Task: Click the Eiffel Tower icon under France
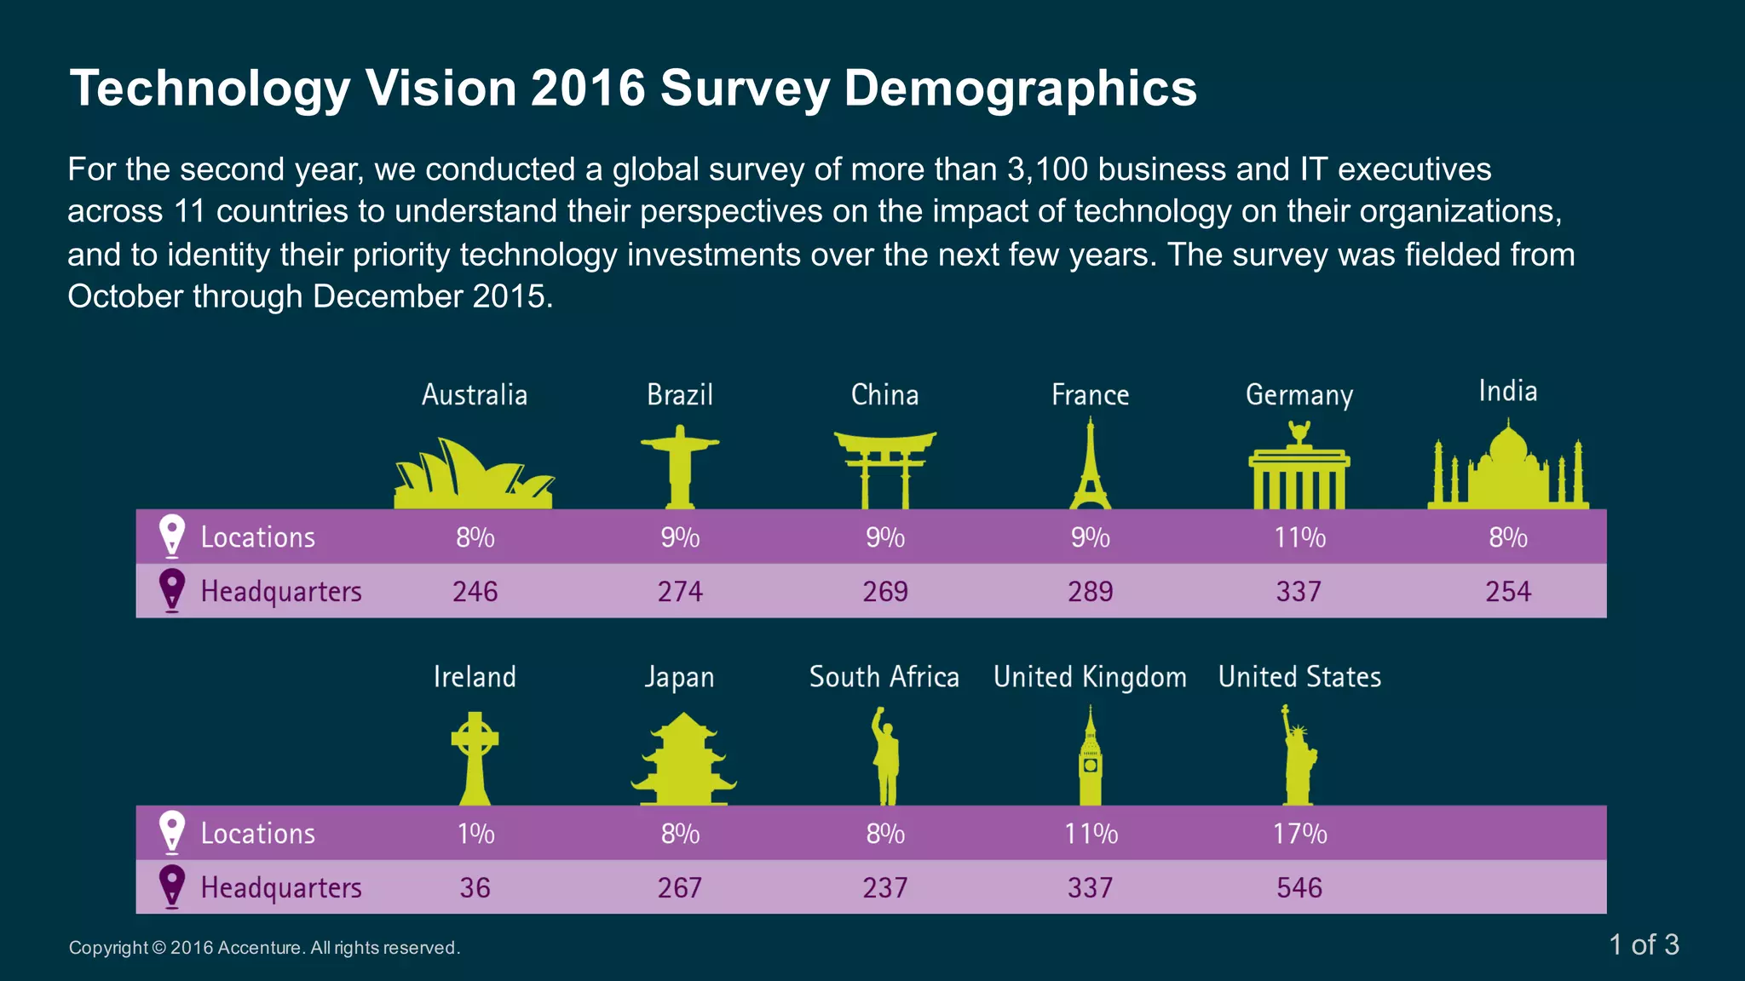[x=1090, y=468]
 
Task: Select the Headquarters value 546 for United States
[x=1299, y=887]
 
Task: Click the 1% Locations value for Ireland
[x=475, y=833]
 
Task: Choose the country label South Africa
[x=884, y=677]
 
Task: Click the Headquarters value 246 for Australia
[x=475, y=591]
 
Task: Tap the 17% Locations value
[x=1299, y=833]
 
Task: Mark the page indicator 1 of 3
[x=1644, y=944]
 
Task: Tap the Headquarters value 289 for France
[x=1090, y=591]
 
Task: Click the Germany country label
[x=1299, y=395]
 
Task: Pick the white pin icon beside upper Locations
[x=172, y=536]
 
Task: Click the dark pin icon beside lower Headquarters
[x=172, y=886]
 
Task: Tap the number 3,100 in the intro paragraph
[x=1047, y=169]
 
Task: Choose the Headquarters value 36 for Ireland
[x=475, y=887]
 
